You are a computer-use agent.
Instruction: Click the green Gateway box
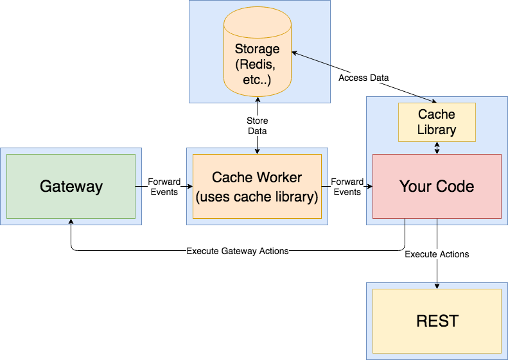71,186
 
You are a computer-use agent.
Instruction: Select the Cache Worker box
257,186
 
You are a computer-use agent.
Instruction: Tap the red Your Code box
437,186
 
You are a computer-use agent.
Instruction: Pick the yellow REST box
437,321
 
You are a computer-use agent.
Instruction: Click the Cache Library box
437,122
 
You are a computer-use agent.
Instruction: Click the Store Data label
257,126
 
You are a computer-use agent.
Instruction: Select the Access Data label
363,78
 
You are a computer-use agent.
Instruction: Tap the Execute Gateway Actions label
237,251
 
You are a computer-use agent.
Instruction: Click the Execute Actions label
437,254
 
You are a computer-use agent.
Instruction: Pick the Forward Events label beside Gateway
164,187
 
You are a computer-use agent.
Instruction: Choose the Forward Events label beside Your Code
347,187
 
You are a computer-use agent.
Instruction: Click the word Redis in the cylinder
257,65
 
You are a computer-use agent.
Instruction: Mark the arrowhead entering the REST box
437,286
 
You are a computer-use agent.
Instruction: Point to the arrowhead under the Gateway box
71,221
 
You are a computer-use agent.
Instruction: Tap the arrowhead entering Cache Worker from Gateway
189,187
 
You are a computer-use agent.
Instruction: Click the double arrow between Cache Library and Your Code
437,148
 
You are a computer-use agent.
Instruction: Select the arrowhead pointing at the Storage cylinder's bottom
257,99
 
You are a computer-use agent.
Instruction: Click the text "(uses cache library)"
257,196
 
